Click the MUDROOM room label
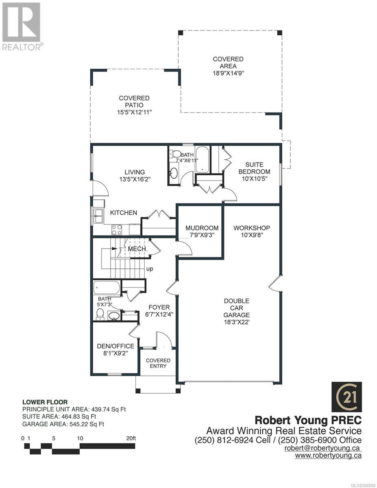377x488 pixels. (x=202, y=228)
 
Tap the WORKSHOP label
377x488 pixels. (x=251, y=228)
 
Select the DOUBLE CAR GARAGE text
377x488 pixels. (x=236, y=308)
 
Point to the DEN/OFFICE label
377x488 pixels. (x=115, y=346)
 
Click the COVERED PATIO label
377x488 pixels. (x=134, y=102)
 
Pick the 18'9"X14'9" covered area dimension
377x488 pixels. (x=229, y=73)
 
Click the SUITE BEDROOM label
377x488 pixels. (x=254, y=168)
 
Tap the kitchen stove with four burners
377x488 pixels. (x=117, y=230)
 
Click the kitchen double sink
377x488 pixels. (x=98, y=216)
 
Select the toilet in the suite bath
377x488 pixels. (x=176, y=154)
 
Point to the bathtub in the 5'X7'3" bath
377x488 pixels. (x=107, y=288)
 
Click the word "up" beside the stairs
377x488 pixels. (x=150, y=269)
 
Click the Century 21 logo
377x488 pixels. (x=346, y=397)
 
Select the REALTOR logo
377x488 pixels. (x=22, y=26)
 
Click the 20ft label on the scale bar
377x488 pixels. (x=131, y=438)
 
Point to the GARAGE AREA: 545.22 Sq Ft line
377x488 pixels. (x=63, y=424)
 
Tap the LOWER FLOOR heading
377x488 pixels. (x=45, y=402)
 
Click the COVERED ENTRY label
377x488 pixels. (x=158, y=363)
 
